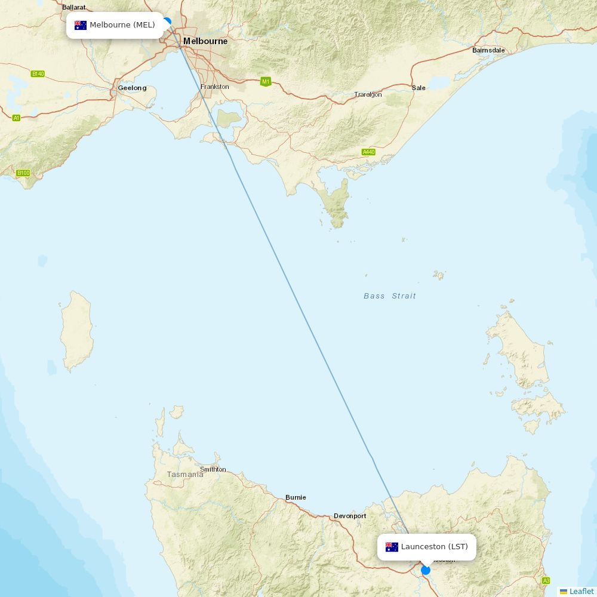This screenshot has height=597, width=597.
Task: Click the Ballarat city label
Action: [x=74, y=7]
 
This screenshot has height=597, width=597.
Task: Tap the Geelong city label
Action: [x=132, y=88]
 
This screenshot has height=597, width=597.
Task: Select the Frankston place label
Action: [x=215, y=87]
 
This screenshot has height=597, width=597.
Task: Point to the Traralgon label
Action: [x=368, y=94]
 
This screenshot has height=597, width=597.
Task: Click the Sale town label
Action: [x=418, y=88]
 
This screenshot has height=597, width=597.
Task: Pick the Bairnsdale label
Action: [x=488, y=50]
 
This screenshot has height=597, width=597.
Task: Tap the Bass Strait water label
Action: [x=390, y=296]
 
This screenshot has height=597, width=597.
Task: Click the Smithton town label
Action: [x=213, y=469]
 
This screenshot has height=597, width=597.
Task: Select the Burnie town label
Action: [x=296, y=497]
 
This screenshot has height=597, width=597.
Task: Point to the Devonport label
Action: [x=350, y=516]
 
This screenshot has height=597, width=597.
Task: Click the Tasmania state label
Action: [x=185, y=475]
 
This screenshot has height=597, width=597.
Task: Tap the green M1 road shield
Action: [x=266, y=81]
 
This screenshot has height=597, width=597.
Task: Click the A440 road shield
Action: [x=368, y=152]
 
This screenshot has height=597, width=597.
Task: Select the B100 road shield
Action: [x=23, y=173]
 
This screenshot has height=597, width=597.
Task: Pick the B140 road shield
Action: [x=38, y=74]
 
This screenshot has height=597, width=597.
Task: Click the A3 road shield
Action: [x=546, y=581]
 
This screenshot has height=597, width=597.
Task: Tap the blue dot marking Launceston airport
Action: [x=426, y=570]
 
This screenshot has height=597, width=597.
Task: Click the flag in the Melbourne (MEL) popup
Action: [x=81, y=25]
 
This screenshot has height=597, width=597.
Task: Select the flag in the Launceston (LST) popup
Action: [x=392, y=547]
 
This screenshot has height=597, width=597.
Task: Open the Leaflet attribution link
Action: [x=581, y=591]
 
